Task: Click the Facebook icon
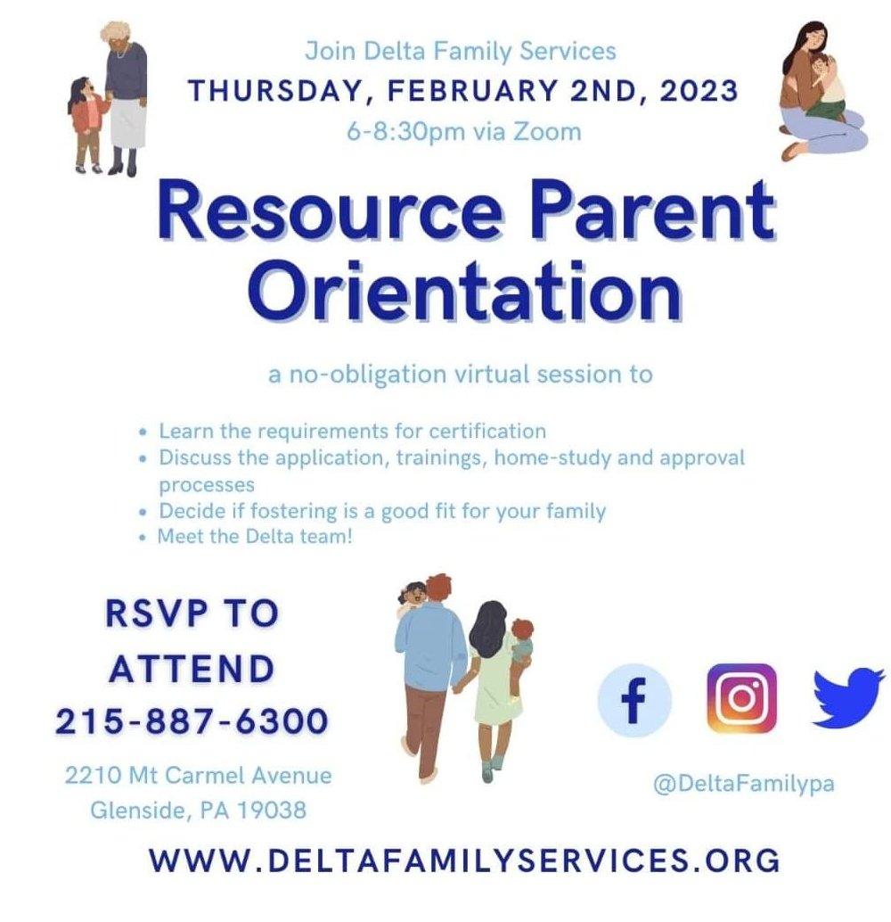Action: point(634,700)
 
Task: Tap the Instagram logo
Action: point(741,697)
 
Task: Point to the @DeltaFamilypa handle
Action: point(743,784)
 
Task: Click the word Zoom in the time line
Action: point(552,132)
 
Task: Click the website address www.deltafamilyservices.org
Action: point(464,860)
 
